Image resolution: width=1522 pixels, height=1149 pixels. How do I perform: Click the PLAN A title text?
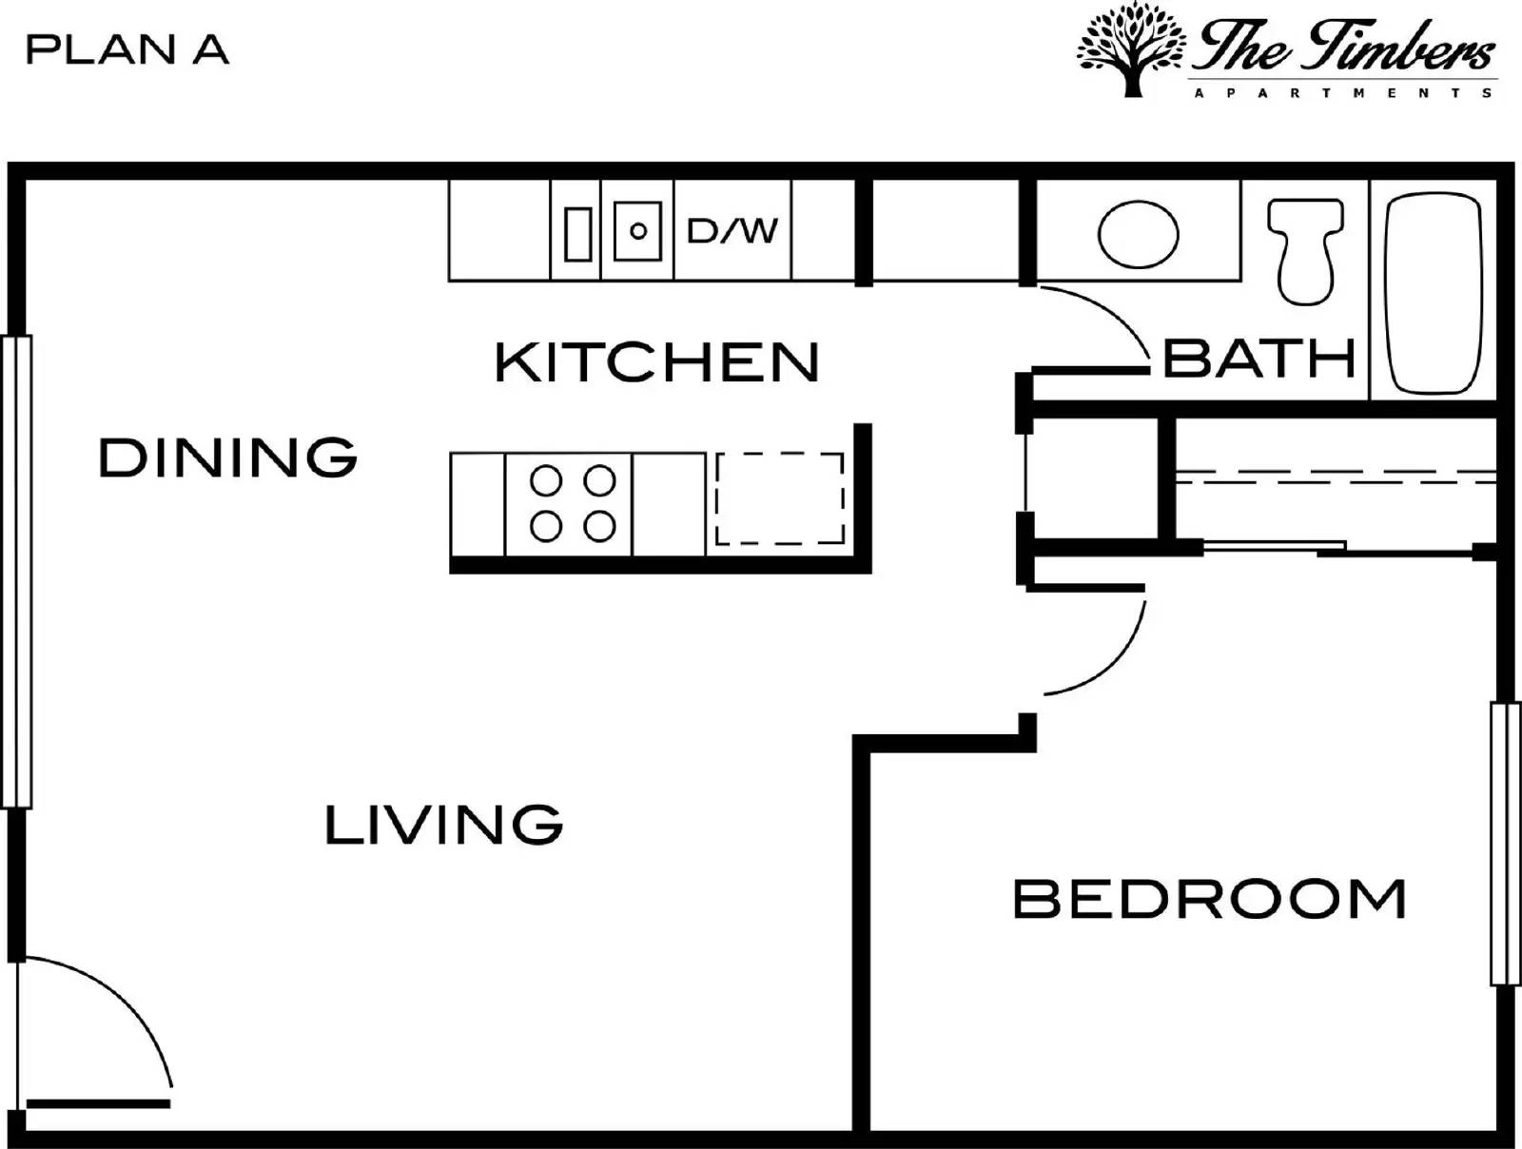(x=127, y=49)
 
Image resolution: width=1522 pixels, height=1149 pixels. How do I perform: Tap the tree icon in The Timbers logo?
(x=1131, y=49)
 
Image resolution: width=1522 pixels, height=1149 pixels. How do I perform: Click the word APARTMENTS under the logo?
(x=1343, y=93)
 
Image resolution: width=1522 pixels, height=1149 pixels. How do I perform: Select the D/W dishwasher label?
(x=732, y=230)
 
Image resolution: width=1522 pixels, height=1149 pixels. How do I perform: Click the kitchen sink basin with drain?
(x=637, y=230)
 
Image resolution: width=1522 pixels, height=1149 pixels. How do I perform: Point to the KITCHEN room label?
(x=656, y=362)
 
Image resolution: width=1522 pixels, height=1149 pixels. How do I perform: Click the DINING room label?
(x=228, y=458)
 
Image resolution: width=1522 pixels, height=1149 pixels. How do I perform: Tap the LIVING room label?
(x=443, y=825)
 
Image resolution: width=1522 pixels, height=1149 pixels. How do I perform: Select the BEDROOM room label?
(x=1209, y=899)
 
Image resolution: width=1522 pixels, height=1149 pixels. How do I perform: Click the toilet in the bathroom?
(x=1305, y=249)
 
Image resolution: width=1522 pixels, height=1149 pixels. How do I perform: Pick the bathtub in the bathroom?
(x=1434, y=293)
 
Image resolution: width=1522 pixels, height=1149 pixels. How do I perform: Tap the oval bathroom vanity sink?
(x=1138, y=234)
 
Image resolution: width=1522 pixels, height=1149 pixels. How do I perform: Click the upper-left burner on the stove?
(x=546, y=481)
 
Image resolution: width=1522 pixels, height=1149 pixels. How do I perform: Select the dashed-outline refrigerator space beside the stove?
(x=779, y=498)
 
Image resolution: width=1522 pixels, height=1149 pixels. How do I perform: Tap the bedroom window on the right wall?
(x=1504, y=844)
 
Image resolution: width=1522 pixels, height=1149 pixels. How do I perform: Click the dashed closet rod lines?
(x=1332, y=477)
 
